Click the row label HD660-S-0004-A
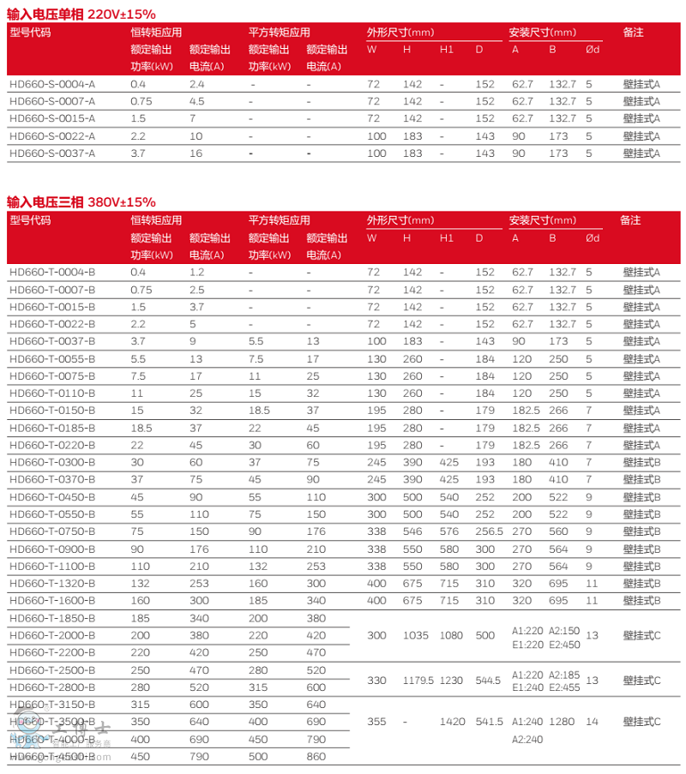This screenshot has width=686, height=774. (x=51, y=84)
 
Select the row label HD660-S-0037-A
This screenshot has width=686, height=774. (x=51, y=153)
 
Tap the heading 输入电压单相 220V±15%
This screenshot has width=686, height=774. (x=81, y=15)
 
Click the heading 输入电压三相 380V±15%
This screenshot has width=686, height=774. (x=81, y=202)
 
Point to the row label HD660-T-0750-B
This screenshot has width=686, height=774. (x=51, y=531)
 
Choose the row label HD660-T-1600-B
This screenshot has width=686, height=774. (x=51, y=600)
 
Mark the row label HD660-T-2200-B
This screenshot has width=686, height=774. (x=51, y=652)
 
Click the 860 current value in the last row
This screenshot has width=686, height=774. (x=316, y=756)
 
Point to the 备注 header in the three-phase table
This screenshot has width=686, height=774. (x=629, y=220)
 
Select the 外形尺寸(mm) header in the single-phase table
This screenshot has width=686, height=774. (x=400, y=33)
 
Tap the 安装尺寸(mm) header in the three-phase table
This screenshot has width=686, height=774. (x=542, y=220)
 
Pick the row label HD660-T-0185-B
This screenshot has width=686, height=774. (x=51, y=428)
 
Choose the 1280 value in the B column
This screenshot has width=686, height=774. (x=562, y=722)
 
